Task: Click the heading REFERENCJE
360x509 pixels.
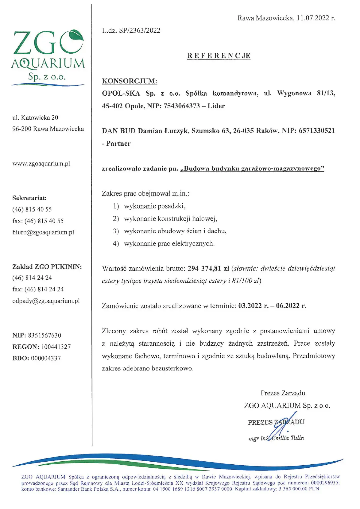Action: click(219, 56)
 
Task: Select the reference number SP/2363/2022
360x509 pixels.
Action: click(139, 31)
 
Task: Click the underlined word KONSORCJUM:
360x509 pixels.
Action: click(130, 81)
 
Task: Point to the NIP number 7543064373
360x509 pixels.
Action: click(181, 106)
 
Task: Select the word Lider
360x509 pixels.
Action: click(216, 106)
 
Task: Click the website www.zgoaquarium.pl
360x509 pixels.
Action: click(41, 164)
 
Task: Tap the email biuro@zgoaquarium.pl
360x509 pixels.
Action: click(43, 232)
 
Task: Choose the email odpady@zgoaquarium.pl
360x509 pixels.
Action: click(46, 301)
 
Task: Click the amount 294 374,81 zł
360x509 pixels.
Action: click(208, 268)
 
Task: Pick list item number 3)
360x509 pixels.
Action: click(116, 231)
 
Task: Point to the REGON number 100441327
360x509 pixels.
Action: click(56, 347)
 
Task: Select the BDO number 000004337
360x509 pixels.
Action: click(46, 358)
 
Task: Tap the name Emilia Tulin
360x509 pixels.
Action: click(287, 438)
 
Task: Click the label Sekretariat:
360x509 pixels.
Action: click(29, 198)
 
